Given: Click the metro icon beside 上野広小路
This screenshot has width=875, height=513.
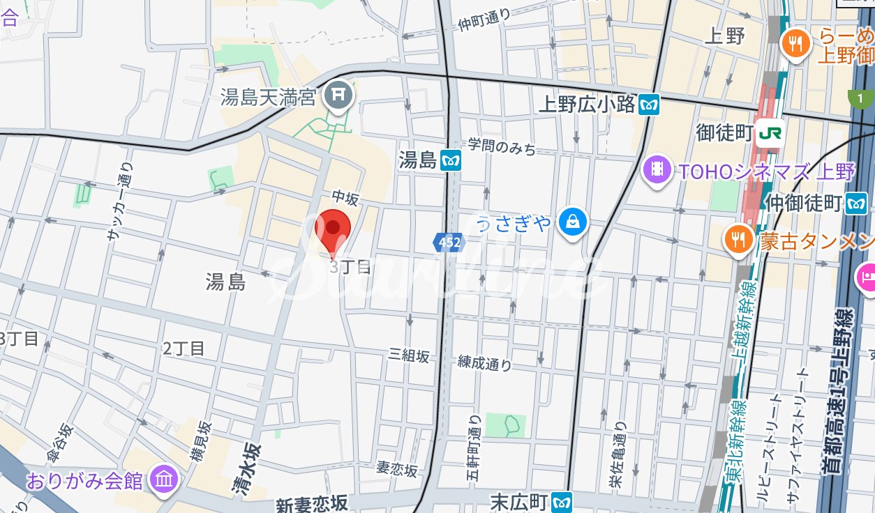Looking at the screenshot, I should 650,105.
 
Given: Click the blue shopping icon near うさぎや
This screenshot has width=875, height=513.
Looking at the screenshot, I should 572,222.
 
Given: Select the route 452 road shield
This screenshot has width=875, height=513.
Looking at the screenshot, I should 448,243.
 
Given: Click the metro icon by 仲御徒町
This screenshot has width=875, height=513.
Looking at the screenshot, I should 856,204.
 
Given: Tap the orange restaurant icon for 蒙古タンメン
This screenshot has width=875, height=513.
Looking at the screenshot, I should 737,240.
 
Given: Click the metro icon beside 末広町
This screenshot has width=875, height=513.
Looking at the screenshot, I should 562,501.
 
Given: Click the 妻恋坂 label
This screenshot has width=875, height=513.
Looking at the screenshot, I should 397,469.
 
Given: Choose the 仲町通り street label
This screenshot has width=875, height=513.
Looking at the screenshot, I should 484,20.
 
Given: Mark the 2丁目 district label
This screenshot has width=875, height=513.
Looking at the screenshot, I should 184,349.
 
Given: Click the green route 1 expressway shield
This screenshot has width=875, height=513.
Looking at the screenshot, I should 861,99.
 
